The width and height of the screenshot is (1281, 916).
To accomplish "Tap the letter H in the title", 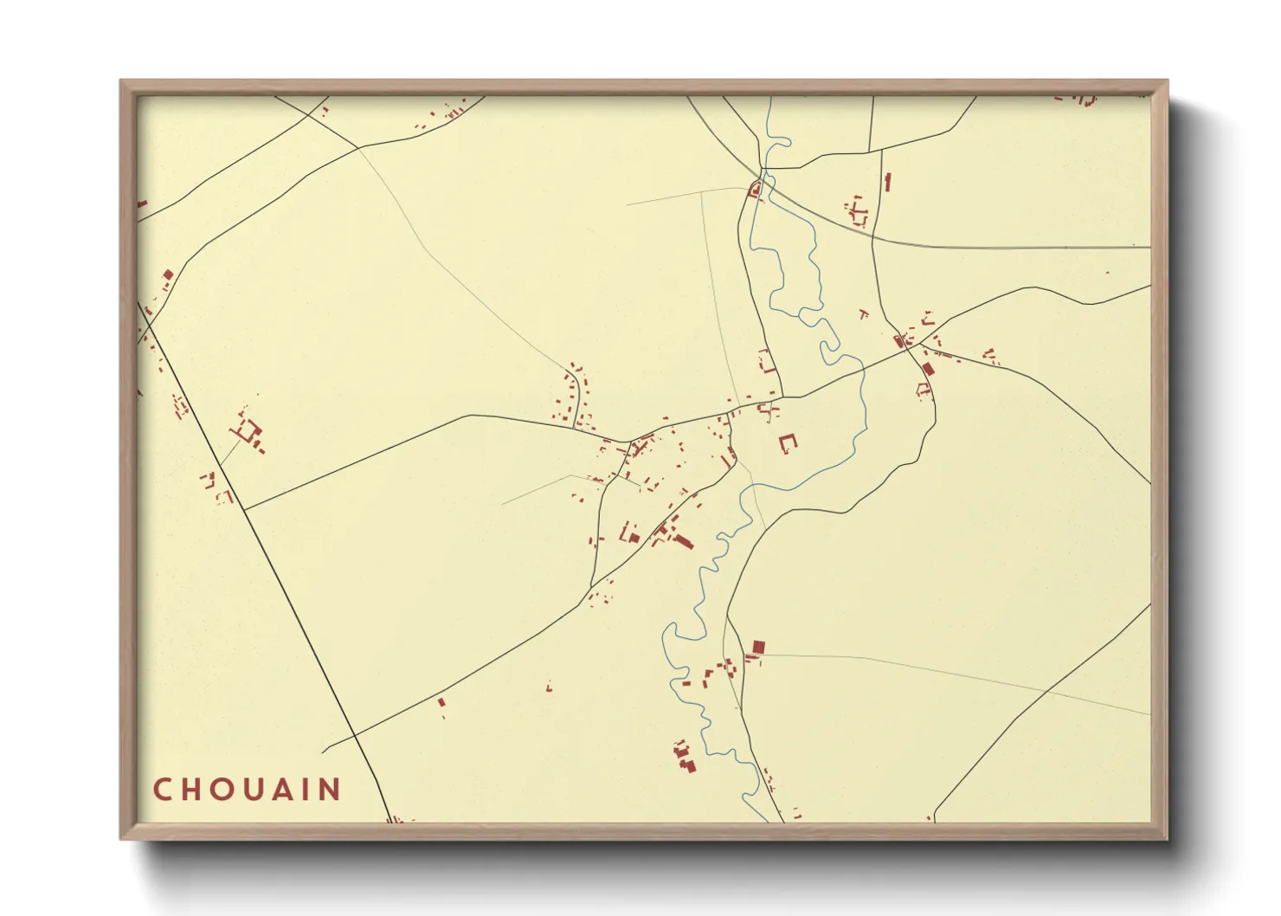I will pos(192,790).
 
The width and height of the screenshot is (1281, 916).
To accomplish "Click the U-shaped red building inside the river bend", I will pos(788,443).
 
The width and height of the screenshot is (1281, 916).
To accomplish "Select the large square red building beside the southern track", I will pos(758,647).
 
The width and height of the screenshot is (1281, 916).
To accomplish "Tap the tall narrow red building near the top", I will pos(887,183).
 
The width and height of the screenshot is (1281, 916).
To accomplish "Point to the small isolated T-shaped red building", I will pos(863,313).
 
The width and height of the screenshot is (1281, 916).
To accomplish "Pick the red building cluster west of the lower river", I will pos(685,757).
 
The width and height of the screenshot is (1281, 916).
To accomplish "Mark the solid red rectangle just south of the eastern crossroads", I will pos(928,369).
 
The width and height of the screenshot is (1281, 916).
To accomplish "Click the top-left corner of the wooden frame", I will pos(120,81).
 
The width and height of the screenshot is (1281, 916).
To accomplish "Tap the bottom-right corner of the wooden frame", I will pos(1168,839).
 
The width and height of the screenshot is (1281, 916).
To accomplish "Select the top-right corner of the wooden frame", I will pos(1168,81).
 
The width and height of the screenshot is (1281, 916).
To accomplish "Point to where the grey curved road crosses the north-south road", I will pos(872,235).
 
